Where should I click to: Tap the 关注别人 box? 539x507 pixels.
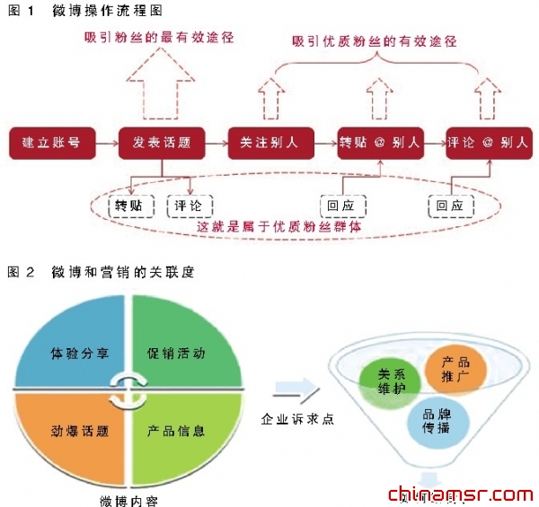coord(269,143)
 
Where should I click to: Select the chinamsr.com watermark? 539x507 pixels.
coord(459,494)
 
